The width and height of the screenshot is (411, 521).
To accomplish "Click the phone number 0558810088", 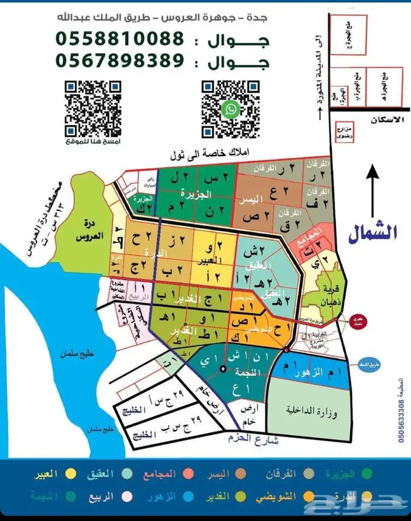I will [x=120, y=39].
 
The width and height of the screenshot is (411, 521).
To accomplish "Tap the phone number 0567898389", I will [x=120, y=60].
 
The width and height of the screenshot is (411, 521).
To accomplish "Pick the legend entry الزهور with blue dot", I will [x=164, y=496].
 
